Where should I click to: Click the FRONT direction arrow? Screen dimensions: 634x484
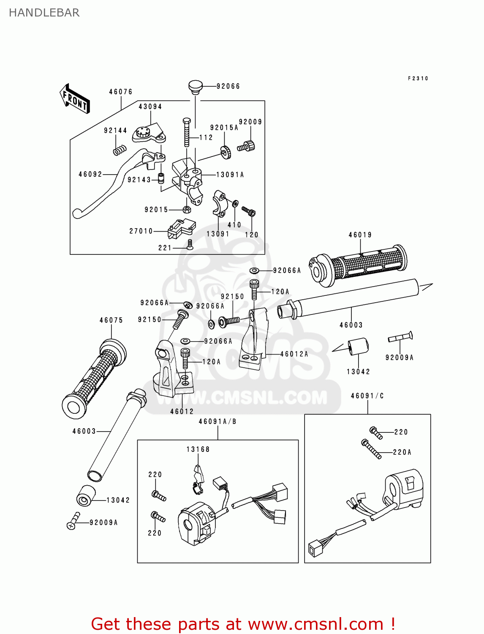(x=75, y=99)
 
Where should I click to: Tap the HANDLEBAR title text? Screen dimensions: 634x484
(x=44, y=13)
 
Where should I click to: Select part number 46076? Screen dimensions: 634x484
(x=121, y=92)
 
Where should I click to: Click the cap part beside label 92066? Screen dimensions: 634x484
(x=195, y=87)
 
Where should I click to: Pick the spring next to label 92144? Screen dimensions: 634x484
(x=120, y=149)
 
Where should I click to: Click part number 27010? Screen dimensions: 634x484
(x=141, y=231)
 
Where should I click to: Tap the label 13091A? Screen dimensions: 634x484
(x=230, y=175)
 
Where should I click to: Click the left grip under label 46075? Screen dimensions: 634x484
(x=94, y=378)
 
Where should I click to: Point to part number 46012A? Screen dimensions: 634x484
(x=294, y=354)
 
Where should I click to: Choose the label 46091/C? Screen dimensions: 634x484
(x=367, y=396)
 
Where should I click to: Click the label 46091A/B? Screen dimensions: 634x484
(x=218, y=421)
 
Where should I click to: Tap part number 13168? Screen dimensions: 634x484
(x=198, y=449)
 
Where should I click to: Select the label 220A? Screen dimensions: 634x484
(x=402, y=452)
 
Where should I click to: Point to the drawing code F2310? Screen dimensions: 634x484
(x=418, y=79)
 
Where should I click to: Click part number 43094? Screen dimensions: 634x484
(x=150, y=107)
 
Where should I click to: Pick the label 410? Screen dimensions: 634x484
(x=234, y=225)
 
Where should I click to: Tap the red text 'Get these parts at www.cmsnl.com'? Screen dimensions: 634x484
(x=243, y=624)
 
